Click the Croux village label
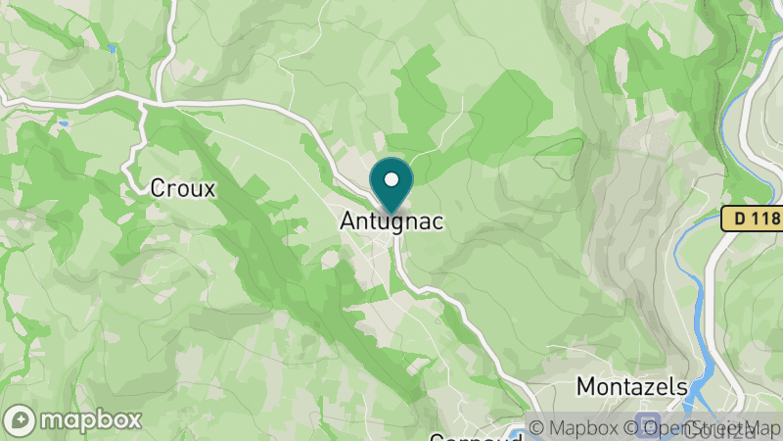pyautogui.click(x=182, y=188)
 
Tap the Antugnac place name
pyautogui.click(x=391, y=222)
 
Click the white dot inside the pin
pyautogui.click(x=391, y=179)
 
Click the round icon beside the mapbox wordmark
pyautogui.click(x=22, y=419)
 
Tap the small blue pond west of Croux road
pyautogui.click(x=63, y=124)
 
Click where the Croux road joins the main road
pyautogui.click(x=144, y=101)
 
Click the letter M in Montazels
pyautogui.click(x=585, y=385)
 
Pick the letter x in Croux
pyautogui.click(x=207, y=188)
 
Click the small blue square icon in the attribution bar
pyautogui.click(x=645, y=428)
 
